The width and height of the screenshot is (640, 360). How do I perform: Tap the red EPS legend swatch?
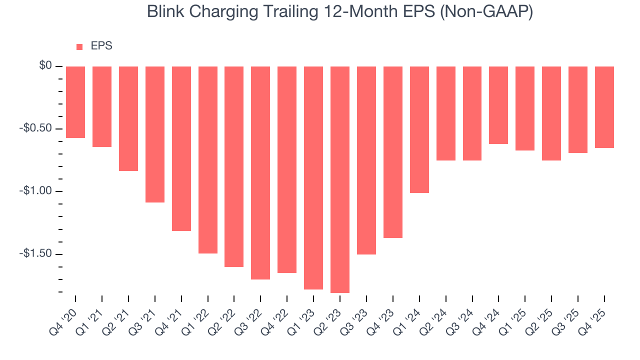(79, 47)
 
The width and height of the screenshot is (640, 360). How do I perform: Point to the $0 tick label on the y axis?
(45, 66)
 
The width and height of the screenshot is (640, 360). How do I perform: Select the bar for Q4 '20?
(75, 102)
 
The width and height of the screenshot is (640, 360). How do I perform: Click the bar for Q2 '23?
(340, 179)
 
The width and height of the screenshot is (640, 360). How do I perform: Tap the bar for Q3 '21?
(155, 134)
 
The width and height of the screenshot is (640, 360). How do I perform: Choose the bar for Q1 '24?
(419, 129)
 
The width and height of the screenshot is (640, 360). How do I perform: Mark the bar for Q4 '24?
(498, 105)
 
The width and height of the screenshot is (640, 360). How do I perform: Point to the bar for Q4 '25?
(604, 107)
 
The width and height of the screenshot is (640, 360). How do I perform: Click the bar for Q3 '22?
(260, 173)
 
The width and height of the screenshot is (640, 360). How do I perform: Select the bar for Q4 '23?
(393, 152)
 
